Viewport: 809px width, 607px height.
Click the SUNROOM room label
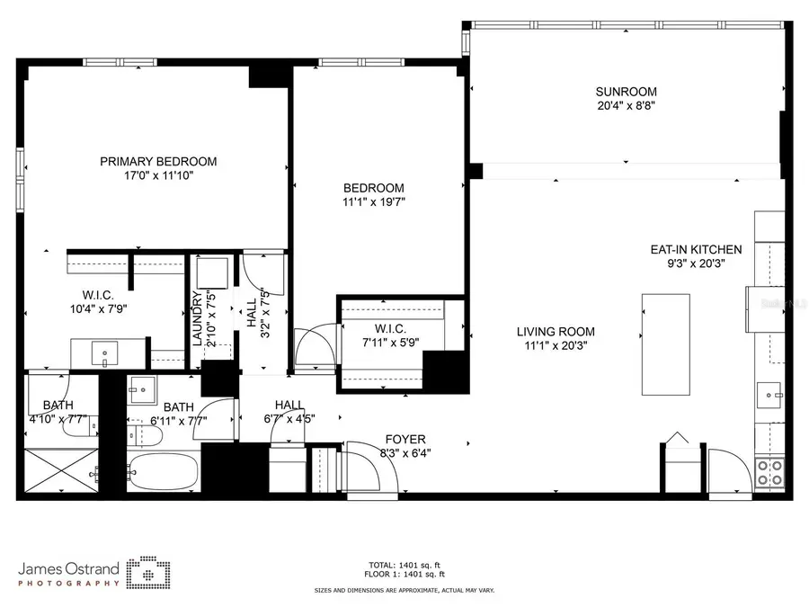coord(626,91)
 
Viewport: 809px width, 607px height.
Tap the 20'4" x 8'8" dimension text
coord(626,105)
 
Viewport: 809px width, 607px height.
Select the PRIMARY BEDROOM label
coord(158,162)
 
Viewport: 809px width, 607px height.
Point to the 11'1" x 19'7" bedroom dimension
coord(373,202)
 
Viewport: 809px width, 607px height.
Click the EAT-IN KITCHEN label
coord(696,250)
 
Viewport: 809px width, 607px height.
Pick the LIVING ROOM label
coord(555,332)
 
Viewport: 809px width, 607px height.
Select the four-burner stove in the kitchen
coord(769,472)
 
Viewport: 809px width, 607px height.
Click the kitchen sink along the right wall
coord(769,393)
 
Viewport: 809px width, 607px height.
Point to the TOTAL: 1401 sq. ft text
coord(404,566)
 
